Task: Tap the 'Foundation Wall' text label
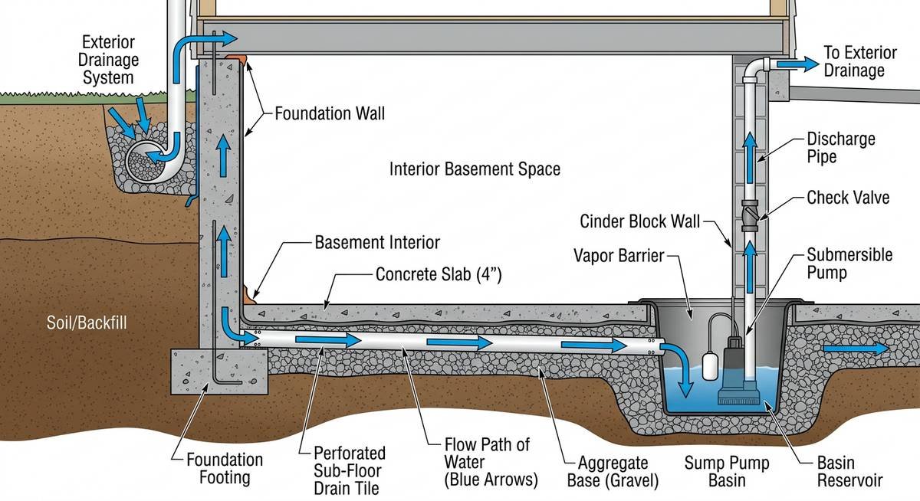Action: click(330, 115)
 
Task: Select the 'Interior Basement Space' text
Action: click(475, 169)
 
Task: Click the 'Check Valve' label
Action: click(848, 198)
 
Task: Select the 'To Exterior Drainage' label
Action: click(859, 62)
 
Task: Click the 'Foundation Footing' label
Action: click(225, 469)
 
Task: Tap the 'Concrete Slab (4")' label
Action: click(439, 274)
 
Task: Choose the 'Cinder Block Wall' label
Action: click(639, 222)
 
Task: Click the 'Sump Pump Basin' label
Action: click(726, 471)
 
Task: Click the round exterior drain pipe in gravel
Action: click(146, 159)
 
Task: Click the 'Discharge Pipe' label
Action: click(840, 148)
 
